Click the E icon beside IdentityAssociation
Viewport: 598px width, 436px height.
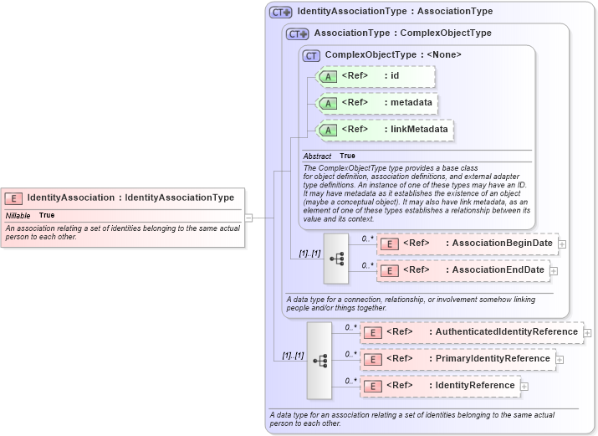pos(13,198)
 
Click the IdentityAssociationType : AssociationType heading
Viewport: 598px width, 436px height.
pos(394,12)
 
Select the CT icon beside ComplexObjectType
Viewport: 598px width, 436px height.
pos(312,55)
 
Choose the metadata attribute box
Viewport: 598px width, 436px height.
pos(376,103)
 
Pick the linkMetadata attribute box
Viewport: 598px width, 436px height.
pos(384,130)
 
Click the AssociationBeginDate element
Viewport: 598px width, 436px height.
pos(467,244)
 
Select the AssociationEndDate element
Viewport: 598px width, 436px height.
pos(463,270)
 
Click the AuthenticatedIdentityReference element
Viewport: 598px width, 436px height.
pos(472,332)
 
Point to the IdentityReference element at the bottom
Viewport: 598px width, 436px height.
pos(440,386)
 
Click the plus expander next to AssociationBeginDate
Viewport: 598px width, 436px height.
pos(562,244)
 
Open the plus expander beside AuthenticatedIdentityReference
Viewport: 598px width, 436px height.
pos(588,333)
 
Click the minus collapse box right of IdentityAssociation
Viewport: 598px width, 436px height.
pos(248,218)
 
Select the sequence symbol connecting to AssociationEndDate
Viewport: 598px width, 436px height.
pos(336,258)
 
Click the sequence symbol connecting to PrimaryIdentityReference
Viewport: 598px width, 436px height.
pos(319,360)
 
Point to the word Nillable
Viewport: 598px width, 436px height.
pos(18,215)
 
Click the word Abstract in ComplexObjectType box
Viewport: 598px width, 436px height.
pos(317,156)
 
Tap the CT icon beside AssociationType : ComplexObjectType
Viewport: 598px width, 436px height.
pos(298,33)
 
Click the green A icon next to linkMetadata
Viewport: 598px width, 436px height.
pos(329,130)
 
